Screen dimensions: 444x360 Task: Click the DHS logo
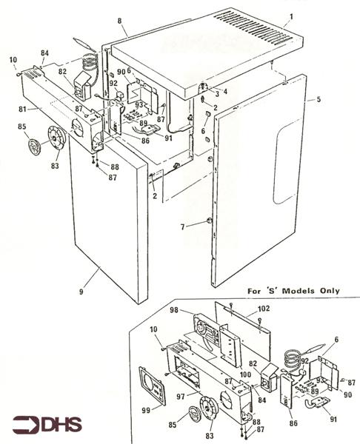point(48,425)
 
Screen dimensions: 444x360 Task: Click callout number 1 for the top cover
point(291,16)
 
